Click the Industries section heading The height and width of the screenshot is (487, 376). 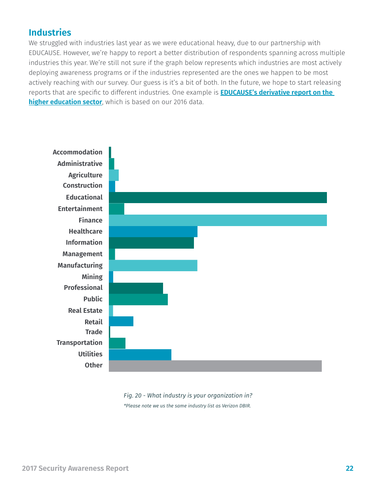[x=50, y=32]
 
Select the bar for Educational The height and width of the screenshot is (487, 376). [x=218, y=198]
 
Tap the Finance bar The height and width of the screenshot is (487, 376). [x=218, y=220]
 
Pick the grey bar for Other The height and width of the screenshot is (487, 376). [x=215, y=366]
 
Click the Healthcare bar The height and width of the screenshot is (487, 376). [x=153, y=232]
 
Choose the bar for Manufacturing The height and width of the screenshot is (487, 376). [x=153, y=265]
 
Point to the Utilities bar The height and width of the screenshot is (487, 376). [x=140, y=354]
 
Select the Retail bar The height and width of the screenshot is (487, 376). [x=121, y=321]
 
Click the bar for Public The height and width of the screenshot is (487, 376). [x=138, y=299]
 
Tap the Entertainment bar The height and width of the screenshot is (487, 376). [x=116, y=209]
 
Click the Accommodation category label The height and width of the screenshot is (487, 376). [x=77, y=152]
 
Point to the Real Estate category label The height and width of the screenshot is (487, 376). [x=85, y=310]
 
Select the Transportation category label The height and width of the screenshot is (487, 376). [x=79, y=342]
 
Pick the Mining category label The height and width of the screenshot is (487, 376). [x=92, y=277]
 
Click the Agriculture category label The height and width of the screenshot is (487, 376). [x=85, y=175]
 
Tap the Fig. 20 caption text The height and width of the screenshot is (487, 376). [x=188, y=395]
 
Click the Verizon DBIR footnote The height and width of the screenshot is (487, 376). [x=187, y=406]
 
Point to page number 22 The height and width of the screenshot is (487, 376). [x=349, y=468]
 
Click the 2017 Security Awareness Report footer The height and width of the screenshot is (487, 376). [x=75, y=468]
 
